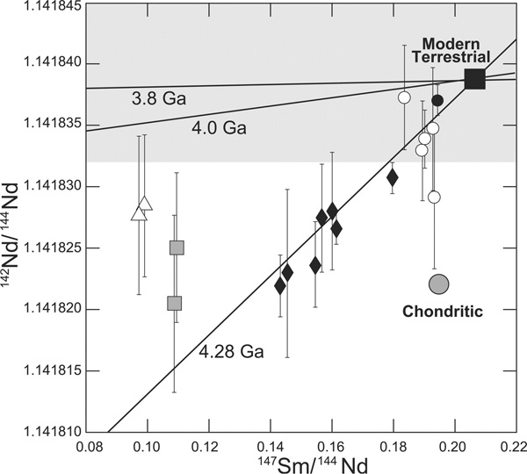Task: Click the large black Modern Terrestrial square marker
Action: pos(474,78)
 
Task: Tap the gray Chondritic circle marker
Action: pos(439,284)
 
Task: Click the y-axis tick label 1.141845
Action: pos(35,7)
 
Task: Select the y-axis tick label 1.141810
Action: pos(35,432)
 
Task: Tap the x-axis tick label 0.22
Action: pos(515,447)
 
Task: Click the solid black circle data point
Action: pos(437,100)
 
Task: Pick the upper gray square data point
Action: pos(177,248)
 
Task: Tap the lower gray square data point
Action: pos(174,304)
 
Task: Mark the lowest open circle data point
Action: pos(434,197)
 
